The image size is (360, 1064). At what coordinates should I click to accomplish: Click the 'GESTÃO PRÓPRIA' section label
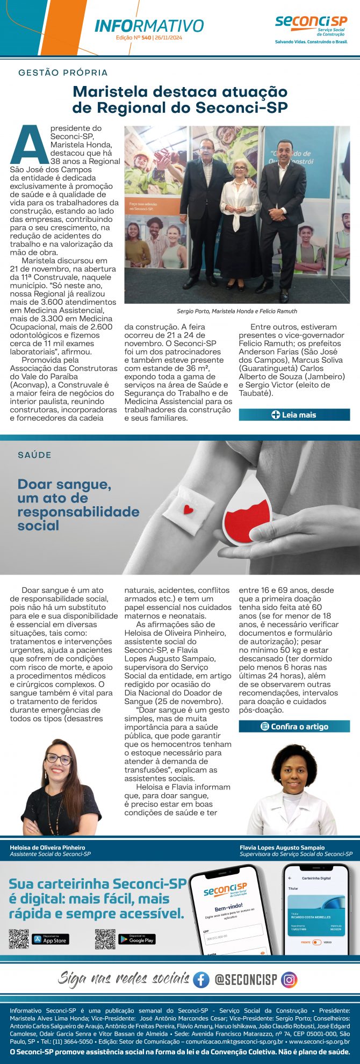coord(63,73)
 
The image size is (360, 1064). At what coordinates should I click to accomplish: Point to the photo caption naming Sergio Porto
coord(237,311)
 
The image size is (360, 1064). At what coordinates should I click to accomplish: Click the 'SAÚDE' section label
coord(34,455)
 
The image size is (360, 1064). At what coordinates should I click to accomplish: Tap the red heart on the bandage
coord(188,509)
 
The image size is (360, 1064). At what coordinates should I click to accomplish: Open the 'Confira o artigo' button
coord(294,727)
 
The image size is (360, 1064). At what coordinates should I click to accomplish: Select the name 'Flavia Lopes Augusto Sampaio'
coord(282,847)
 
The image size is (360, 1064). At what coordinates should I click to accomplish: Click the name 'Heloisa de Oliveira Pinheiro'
coord(47,847)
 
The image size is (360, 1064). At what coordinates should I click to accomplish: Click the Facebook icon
coord(201,980)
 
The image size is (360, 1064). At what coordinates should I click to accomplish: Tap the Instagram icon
coord(289,980)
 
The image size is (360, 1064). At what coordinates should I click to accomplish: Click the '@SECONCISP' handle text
coord(246,980)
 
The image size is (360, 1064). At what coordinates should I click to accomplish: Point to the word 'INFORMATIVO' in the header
coord(149,26)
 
